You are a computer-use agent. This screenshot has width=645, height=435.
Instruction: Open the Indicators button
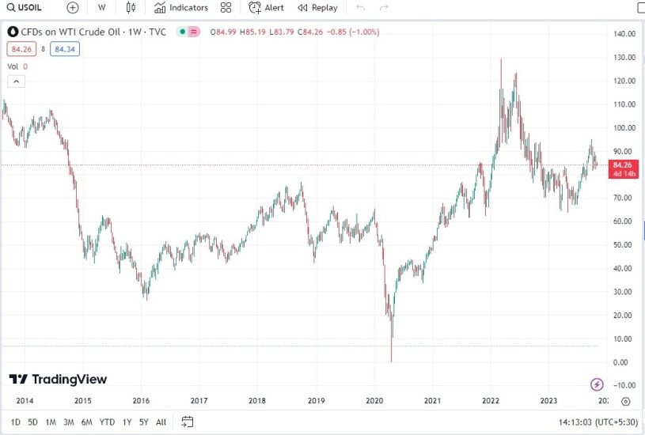181,8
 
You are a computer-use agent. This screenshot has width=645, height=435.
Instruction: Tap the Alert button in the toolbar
267,8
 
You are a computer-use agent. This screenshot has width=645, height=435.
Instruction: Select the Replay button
317,8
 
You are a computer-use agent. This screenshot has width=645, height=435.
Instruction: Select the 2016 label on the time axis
141,401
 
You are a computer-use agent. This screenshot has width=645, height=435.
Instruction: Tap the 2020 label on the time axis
374,401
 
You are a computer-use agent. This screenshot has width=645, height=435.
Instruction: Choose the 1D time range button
16,422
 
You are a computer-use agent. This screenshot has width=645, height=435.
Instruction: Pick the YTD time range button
107,422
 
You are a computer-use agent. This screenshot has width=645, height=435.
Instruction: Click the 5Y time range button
143,422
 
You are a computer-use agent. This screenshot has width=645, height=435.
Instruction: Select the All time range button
161,422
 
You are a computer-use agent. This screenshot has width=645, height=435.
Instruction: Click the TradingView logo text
59,380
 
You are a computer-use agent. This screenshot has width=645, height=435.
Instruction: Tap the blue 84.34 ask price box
63,49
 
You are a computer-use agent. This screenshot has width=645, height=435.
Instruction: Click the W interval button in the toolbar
102,8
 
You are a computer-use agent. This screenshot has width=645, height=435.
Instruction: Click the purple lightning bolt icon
598,384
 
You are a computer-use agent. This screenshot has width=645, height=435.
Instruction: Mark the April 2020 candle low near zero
391,361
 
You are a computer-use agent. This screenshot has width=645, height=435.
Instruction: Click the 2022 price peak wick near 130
500,60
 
